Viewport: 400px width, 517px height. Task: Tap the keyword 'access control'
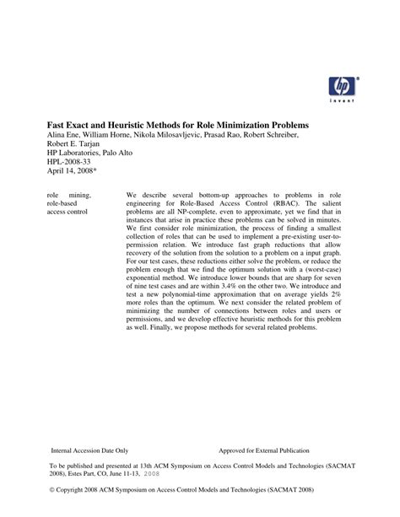coord(68,212)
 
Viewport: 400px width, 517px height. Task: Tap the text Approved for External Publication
coord(263,451)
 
